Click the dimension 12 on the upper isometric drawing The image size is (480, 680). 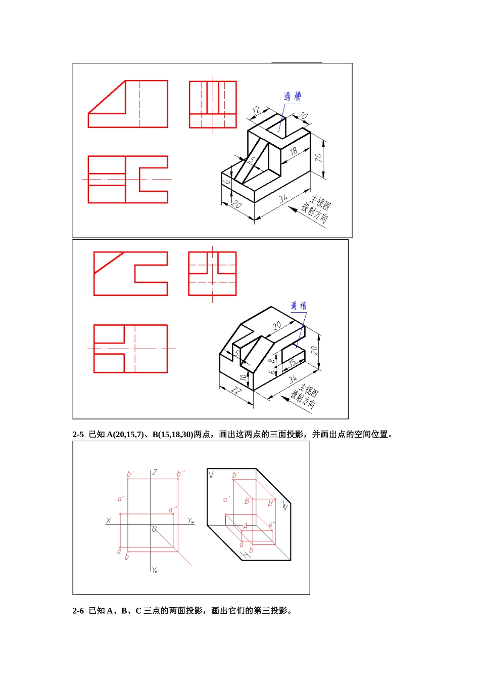click(256, 110)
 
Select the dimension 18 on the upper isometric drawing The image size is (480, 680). click(293, 151)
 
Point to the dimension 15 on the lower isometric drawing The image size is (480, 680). click(292, 363)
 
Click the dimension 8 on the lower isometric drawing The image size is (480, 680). click(272, 361)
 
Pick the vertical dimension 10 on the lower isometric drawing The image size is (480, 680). click(243, 377)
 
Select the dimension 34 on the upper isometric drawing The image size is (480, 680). click(283, 198)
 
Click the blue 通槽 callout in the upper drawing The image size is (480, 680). click(292, 96)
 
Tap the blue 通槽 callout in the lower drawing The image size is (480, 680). click(298, 306)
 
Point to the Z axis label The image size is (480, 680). click(155, 472)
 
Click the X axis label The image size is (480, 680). click(109, 520)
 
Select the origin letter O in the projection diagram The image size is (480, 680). click(154, 529)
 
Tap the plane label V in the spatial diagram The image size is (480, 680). click(211, 475)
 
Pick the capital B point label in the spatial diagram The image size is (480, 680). click(247, 501)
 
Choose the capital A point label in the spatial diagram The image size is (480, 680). click(245, 526)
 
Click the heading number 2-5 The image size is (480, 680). click(78, 434)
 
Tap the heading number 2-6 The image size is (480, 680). click(78, 611)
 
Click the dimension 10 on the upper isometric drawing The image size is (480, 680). click(303, 116)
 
